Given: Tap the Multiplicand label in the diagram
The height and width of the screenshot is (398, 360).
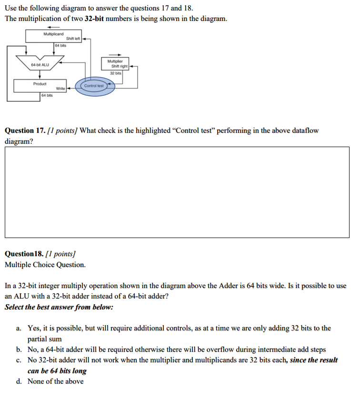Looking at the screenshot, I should pos(53,34).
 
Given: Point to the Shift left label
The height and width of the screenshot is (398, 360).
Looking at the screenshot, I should pos(73,39).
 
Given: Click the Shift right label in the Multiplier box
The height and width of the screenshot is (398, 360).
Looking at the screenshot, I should pos(117,67).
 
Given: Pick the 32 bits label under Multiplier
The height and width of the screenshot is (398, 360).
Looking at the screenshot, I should pos(116,73).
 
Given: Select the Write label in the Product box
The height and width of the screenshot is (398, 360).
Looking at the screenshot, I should pos(60,89).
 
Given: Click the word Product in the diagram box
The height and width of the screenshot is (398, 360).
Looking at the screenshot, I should pos(40,84).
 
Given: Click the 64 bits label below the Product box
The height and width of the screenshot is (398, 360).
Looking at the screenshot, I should pos(47,96).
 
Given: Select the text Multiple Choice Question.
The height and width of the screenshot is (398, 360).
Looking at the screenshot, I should pos(45,264).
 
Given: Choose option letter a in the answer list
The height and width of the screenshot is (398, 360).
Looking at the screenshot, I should pos(18,328).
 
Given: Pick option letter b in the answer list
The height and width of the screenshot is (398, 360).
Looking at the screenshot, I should pos(18,349).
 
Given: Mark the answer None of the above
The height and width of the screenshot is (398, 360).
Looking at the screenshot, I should pos(55,381).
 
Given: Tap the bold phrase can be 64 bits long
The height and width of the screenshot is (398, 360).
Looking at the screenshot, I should pos(57,370).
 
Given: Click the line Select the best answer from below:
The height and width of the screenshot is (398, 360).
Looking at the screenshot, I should pos(59,307).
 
